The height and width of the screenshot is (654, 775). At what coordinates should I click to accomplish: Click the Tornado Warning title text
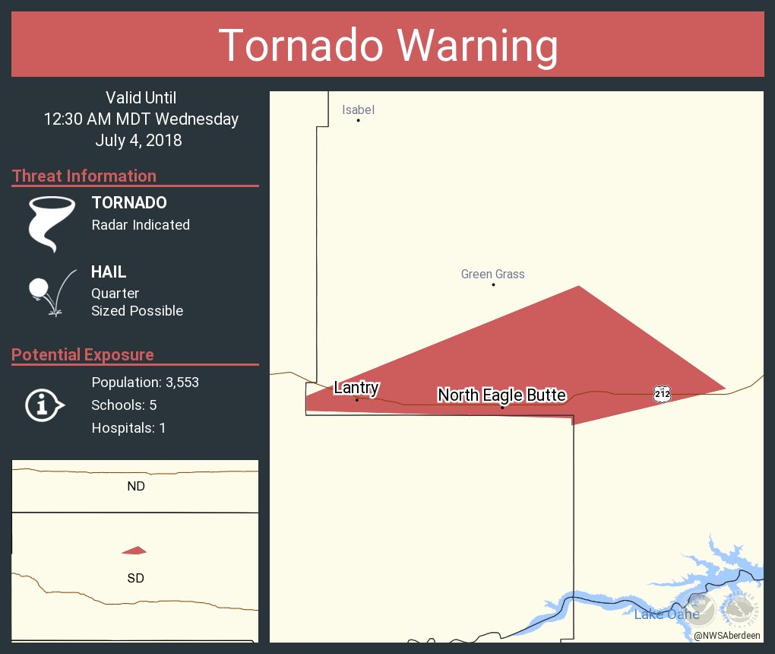coord(387,46)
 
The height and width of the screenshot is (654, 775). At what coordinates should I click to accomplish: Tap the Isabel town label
coord(358,110)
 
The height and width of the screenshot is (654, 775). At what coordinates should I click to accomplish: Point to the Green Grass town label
coord(492,274)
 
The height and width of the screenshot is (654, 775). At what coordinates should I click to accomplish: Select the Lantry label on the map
coord(356,388)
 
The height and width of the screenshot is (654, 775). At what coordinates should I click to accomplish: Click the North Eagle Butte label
coord(501,395)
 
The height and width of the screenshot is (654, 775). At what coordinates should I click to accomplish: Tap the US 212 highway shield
coord(662,393)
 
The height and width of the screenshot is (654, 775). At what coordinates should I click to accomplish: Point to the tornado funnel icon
coord(51,224)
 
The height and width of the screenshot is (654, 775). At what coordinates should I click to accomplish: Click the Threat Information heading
coord(84,176)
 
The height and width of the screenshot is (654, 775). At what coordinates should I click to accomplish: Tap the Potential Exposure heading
coord(83,354)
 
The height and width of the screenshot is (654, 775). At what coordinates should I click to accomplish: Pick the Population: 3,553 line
coord(145,382)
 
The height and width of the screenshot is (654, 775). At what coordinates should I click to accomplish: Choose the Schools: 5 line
coord(124,405)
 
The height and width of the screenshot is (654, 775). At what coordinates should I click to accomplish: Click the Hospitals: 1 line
coord(128,427)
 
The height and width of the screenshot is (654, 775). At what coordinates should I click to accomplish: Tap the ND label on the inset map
coord(136,486)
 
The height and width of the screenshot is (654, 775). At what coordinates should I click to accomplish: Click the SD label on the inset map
coord(136,578)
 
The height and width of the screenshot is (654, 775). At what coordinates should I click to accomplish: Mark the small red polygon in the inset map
coord(134,551)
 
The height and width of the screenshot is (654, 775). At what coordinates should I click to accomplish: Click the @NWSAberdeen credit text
coord(728,634)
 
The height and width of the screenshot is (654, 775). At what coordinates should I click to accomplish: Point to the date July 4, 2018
coord(138,141)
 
